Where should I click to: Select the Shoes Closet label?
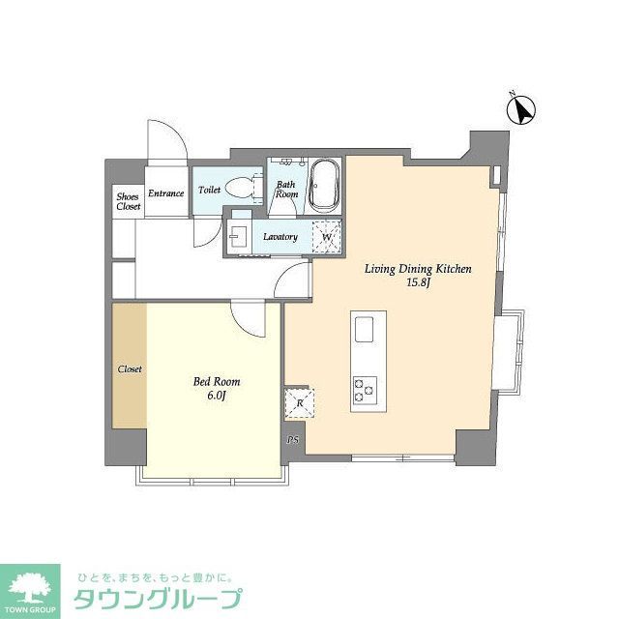click(x=128, y=201)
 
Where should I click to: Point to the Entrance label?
click(x=165, y=193)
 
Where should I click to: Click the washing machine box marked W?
click(x=327, y=236)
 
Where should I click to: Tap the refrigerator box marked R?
click(x=299, y=402)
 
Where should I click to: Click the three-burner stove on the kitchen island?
click(x=366, y=390)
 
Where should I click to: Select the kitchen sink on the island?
click(x=366, y=330)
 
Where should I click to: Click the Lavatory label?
click(x=280, y=237)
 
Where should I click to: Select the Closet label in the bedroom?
click(x=130, y=369)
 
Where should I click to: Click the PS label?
click(x=292, y=440)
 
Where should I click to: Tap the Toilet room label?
click(x=209, y=191)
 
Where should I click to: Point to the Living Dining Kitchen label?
click(x=417, y=270)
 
